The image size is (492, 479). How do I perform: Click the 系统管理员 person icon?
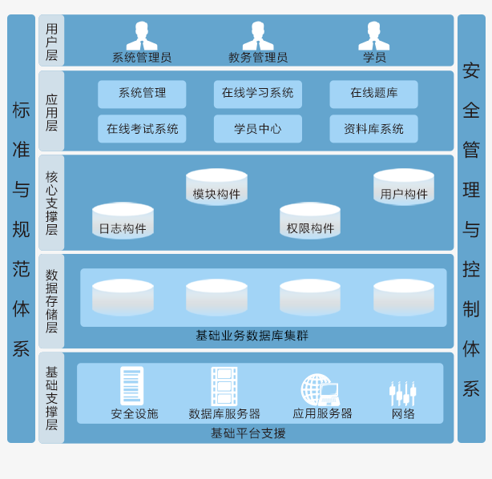point(142,35)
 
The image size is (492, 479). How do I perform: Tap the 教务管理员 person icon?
point(258,35)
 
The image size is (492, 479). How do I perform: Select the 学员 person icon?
point(374,35)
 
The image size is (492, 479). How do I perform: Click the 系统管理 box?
point(142,94)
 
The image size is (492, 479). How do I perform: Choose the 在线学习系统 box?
point(258,94)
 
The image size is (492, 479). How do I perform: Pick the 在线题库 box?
point(373,94)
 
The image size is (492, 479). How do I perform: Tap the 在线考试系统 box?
point(142,129)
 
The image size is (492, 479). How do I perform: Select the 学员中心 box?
point(258,129)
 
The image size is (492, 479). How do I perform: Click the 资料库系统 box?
point(373,129)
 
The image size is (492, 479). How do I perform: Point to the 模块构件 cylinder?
point(216,187)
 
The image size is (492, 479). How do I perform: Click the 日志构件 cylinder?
point(123,221)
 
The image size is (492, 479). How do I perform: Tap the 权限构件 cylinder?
point(310,221)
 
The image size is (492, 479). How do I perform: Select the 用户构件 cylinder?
point(404,187)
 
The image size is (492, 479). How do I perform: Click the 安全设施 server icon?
point(131,386)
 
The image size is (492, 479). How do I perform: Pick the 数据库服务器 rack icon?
point(224,386)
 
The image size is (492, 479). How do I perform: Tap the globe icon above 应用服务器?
point(320,390)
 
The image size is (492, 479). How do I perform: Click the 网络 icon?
point(403,393)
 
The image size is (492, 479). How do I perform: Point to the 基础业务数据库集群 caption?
point(252,336)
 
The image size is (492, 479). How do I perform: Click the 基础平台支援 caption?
point(248,433)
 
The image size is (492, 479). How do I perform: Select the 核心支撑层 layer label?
point(51,203)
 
